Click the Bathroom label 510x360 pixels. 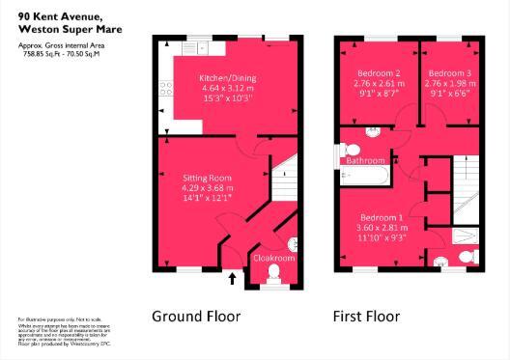[x=366, y=160]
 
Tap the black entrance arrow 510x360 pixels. [x=232, y=280]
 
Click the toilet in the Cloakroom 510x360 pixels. [x=273, y=277]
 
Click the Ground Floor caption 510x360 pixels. [x=196, y=316]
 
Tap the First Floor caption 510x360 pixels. [x=366, y=316]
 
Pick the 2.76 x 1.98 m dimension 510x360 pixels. [x=449, y=84]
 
